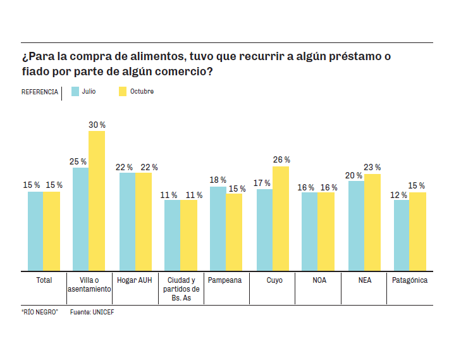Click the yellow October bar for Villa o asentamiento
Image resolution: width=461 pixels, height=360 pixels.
pyautogui.click(x=97, y=201)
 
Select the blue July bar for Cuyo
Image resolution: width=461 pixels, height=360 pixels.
pyautogui.click(x=264, y=230)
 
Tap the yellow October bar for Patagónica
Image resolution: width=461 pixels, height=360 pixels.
pyautogui.click(x=417, y=232)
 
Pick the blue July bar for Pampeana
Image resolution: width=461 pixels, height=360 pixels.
pyautogui.click(x=218, y=228)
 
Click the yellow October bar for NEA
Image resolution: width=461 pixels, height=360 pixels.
pyautogui.click(x=372, y=222)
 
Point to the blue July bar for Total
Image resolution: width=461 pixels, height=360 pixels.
pyautogui.click(x=35, y=231)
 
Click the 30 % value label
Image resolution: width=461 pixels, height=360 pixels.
pyautogui.click(x=97, y=125)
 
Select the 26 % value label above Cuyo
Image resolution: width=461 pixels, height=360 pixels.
pyautogui.click(x=281, y=160)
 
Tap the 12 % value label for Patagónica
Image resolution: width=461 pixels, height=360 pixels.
pyautogui.click(x=400, y=195)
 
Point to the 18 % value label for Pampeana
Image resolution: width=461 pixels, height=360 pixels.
pyautogui.click(x=218, y=180)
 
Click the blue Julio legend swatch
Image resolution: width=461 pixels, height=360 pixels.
pyautogui.click(x=75, y=92)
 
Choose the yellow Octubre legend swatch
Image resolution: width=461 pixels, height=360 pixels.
pyautogui.click(x=123, y=92)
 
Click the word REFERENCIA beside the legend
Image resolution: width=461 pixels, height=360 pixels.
pyautogui.click(x=40, y=92)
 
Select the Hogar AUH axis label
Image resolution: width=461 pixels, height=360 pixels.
pyautogui.click(x=135, y=280)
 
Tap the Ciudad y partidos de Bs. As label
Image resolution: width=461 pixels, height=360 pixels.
pyautogui.click(x=181, y=289)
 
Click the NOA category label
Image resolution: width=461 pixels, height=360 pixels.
pyautogui.click(x=319, y=280)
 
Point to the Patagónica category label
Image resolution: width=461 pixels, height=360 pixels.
pyautogui.click(x=410, y=280)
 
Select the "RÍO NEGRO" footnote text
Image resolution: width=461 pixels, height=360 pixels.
pyautogui.click(x=39, y=312)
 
